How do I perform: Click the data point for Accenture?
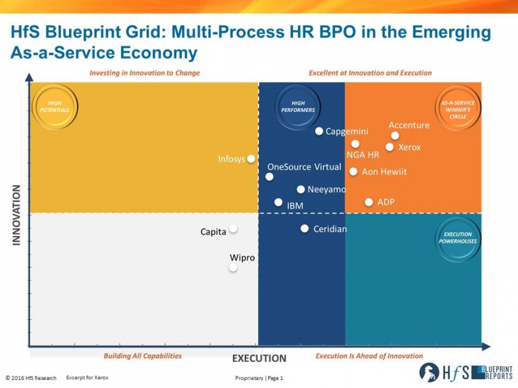pos(395,135)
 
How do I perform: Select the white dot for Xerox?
pos(390,147)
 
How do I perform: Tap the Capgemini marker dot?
pos(319,131)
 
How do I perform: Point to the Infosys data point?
pos(251,159)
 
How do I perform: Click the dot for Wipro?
pos(233,267)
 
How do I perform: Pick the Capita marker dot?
pos(233,228)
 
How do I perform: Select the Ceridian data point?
pos(305,228)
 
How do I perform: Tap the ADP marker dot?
pos(369,202)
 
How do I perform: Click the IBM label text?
pos(295,206)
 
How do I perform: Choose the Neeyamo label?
pos(327,190)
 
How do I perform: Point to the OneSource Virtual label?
pos(304,167)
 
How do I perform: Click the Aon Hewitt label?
pos(384,172)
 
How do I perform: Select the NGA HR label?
pos(363,155)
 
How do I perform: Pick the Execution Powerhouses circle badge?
pos(458,238)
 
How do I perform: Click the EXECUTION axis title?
pos(259,358)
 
